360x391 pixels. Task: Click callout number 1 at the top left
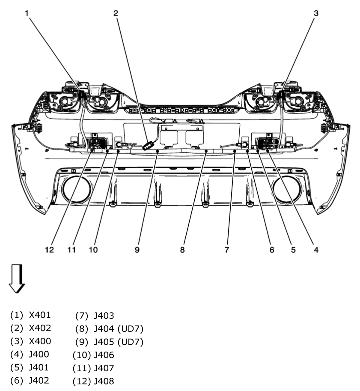coord(27,13)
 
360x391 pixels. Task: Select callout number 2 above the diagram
coord(115,13)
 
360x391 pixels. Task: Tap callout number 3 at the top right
coord(316,13)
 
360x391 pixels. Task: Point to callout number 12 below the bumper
coord(50,250)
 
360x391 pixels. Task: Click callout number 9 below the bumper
coord(137,250)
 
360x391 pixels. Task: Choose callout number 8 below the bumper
coord(182,250)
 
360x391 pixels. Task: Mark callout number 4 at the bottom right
coord(315,250)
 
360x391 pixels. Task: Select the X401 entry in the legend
coord(40,316)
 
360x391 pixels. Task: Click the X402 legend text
coord(40,328)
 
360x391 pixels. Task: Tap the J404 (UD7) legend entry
coord(119,328)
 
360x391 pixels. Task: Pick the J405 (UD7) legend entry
coord(119,342)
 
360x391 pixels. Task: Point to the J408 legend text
coord(104,380)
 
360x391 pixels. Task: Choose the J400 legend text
coord(39,354)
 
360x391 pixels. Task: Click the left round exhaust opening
coord(76,190)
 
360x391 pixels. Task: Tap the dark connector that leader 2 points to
coord(148,146)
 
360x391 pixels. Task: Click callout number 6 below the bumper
coord(271,250)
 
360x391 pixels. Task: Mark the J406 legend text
coord(104,355)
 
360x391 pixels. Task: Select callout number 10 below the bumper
coord(92,250)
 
